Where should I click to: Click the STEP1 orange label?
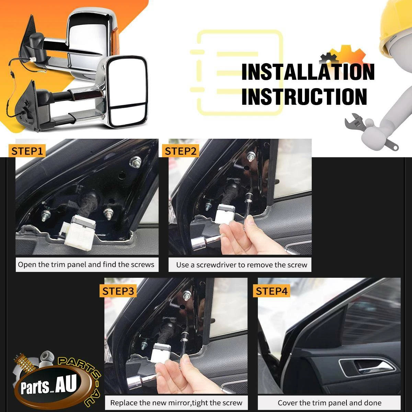click(x=27, y=151)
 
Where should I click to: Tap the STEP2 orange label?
click(x=181, y=151)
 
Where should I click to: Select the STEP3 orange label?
click(x=118, y=291)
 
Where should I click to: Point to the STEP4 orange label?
click(x=272, y=291)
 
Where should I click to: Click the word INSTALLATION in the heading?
click(x=308, y=72)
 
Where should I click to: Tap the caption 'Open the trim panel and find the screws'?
click(x=86, y=265)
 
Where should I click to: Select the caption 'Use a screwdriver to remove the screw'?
click(x=242, y=265)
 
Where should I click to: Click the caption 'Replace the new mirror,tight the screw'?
click(x=176, y=403)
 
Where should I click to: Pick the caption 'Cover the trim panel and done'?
click(x=330, y=403)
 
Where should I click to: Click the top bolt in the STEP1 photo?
click(x=135, y=162)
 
